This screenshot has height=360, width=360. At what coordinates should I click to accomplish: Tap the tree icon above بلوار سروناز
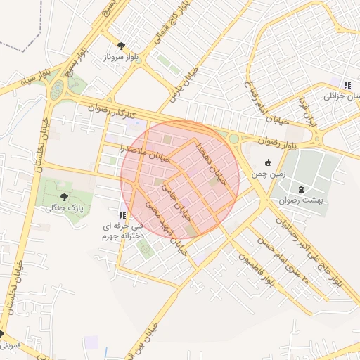point(122,45)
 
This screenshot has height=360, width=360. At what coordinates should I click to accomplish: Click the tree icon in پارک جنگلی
point(65,198)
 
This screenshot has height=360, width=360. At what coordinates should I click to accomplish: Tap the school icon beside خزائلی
point(347,85)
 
